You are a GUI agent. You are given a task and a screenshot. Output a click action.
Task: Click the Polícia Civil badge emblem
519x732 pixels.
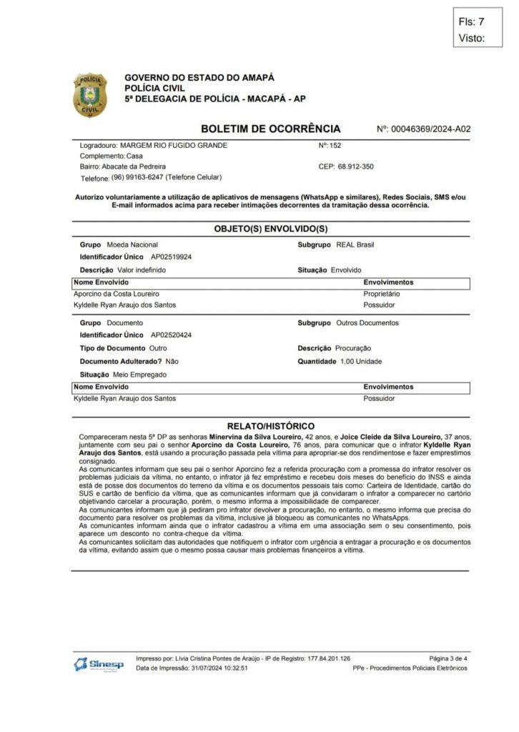coord(89,94)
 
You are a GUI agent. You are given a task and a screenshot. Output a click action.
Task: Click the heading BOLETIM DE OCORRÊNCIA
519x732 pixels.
coord(271,129)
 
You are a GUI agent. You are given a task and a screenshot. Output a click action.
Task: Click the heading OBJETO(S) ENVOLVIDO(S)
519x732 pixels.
coord(271,229)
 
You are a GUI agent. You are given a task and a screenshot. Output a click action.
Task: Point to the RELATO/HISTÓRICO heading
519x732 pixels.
coord(271,425)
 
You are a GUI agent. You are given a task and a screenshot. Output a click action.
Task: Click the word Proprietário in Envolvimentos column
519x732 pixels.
coord(382,294)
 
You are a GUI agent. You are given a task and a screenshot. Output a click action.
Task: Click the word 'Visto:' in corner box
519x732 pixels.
coord(472,38)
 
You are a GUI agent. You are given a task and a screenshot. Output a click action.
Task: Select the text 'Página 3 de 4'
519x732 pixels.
coord(448,658)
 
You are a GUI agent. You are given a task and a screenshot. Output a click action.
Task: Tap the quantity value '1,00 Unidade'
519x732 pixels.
coord(360,361)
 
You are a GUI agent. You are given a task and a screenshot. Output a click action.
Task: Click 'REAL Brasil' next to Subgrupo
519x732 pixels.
coord(355,244)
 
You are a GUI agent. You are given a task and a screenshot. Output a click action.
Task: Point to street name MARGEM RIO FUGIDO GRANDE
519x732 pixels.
coord(174,145)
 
